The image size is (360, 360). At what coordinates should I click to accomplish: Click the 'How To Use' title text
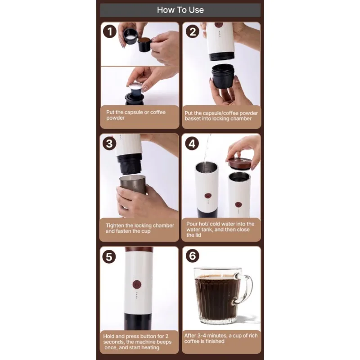[180, 10]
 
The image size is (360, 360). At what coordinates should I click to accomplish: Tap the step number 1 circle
[109, 31]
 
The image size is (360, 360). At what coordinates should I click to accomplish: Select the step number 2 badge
[193, 31]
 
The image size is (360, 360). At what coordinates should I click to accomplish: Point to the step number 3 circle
[109, 144]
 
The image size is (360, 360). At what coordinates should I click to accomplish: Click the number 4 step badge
[192, 144]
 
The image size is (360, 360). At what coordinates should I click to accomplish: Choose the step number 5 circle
[109, 256]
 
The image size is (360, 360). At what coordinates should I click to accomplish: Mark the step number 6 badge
[193, 256]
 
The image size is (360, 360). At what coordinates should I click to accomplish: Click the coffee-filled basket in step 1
[144, 44]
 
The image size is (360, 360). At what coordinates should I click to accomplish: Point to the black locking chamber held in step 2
[222, 76]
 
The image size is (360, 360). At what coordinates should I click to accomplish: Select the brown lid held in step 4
[239, 163]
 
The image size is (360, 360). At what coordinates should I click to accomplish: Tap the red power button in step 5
[137, 284]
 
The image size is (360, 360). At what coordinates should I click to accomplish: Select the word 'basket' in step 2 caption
[193, 118]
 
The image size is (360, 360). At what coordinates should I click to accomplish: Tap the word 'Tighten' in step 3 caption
[115, 226]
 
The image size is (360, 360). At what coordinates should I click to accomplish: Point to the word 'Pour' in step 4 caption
[192, 224]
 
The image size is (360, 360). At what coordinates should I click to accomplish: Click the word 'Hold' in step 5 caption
[108, 336]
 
